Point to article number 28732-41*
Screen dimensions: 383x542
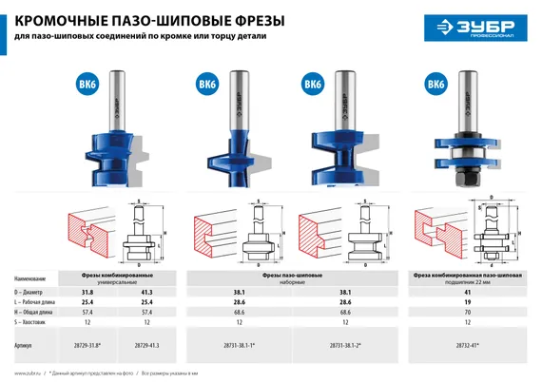[466, 348]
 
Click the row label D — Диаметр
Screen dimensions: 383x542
[33, 292]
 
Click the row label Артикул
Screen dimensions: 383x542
[26, 348]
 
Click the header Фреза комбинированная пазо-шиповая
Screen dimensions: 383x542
[467, 274]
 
